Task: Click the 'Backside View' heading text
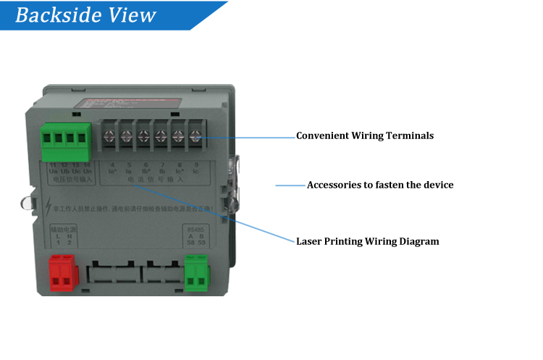coord(85,15)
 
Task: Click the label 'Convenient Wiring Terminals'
coord(365,135)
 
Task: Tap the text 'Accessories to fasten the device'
coord(380,185)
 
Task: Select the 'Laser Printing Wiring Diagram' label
coord(368,241)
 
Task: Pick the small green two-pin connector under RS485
coord(196,273)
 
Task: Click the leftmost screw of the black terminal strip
coord(110,135)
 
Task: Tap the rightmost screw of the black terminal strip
coord(195,135)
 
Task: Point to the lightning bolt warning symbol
coord(46,206)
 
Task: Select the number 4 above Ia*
coord(111,165)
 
